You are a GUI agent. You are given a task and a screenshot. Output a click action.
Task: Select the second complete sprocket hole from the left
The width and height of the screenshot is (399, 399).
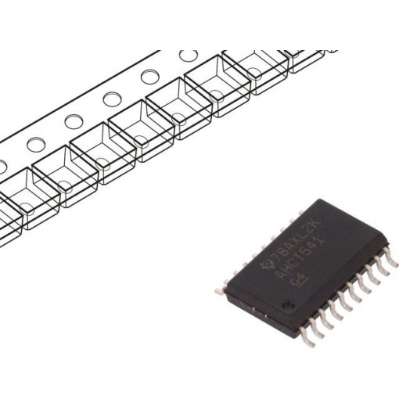[73, 122]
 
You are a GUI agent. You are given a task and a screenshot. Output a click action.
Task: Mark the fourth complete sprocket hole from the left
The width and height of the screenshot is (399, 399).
[149, 77]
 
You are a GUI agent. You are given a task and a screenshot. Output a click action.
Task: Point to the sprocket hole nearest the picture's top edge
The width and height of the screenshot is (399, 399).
[188, 56]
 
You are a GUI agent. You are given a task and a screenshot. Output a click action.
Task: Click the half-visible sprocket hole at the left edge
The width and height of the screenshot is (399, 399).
[2, 165]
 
